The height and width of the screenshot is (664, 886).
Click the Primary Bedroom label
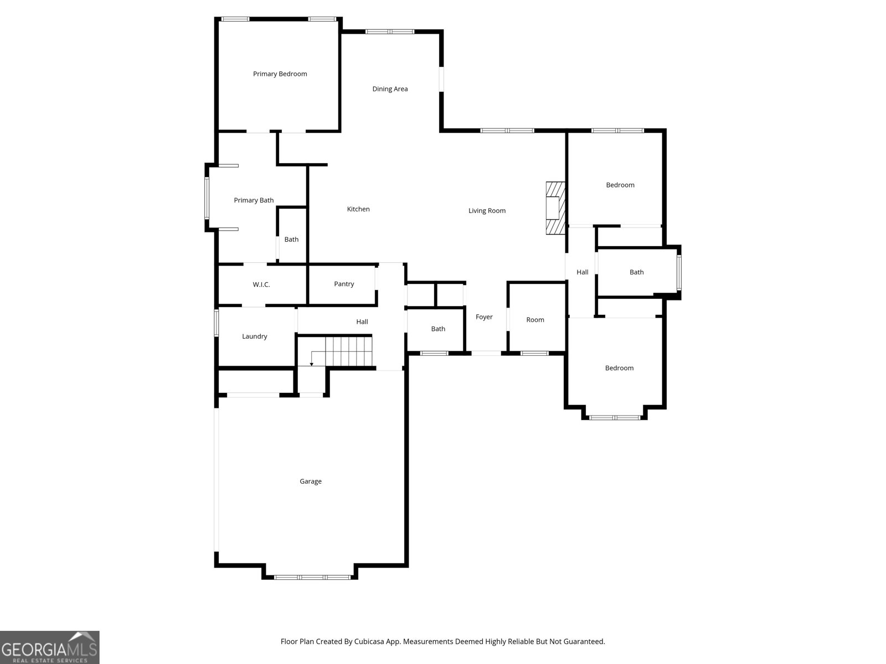pyautogui.click(x=280, y=74)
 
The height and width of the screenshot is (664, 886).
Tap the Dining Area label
pyautogui.click(x=390, y=89)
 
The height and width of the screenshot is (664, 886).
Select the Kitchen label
pyautogui.click(x=358, y=209)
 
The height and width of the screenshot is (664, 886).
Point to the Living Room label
pyautogui.click(x=487, y=210)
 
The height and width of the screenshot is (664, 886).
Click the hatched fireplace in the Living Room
pyautogui.click(x=555, y=208)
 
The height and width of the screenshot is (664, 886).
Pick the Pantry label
pyautogui.click(x=344, y=284)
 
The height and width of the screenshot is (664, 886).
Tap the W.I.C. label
pyautogui.click(x=261, y=284)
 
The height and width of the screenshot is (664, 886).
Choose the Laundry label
pyautogui.click(x=254, y=336)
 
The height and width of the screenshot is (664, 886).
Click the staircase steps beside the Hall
pyautogui.click(x=349, y=351)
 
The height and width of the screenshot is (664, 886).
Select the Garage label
pyautogui.click(x=311, y=481)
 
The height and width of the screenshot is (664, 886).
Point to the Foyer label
pyautogui.click(x=484, y=317)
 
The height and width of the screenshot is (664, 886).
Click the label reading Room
pyautogui.click(x=535, y=320)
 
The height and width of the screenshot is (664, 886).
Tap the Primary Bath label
pyautogui.click(x=254, y=200)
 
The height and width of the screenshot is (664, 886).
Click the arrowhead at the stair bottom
pyautogui.click(x=312, y=365)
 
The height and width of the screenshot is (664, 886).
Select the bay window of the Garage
pyautogui.click(x=312, y=577)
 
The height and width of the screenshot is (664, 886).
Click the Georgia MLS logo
pyautogui.click(x=50, y=647)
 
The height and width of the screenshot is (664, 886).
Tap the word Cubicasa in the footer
pyautogui.click(x=369, y=641)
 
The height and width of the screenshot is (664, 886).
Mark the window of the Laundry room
pyautogui.click(x=217, y=323)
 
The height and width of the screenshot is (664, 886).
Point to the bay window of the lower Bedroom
pyautogui.click(x=615, y=418)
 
